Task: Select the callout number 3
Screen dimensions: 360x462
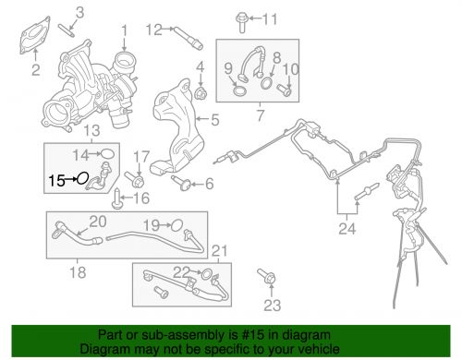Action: tap(79, 11)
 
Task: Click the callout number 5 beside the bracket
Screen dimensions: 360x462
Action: tap(215, 119)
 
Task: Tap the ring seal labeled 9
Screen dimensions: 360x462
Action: tap(239, 91)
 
